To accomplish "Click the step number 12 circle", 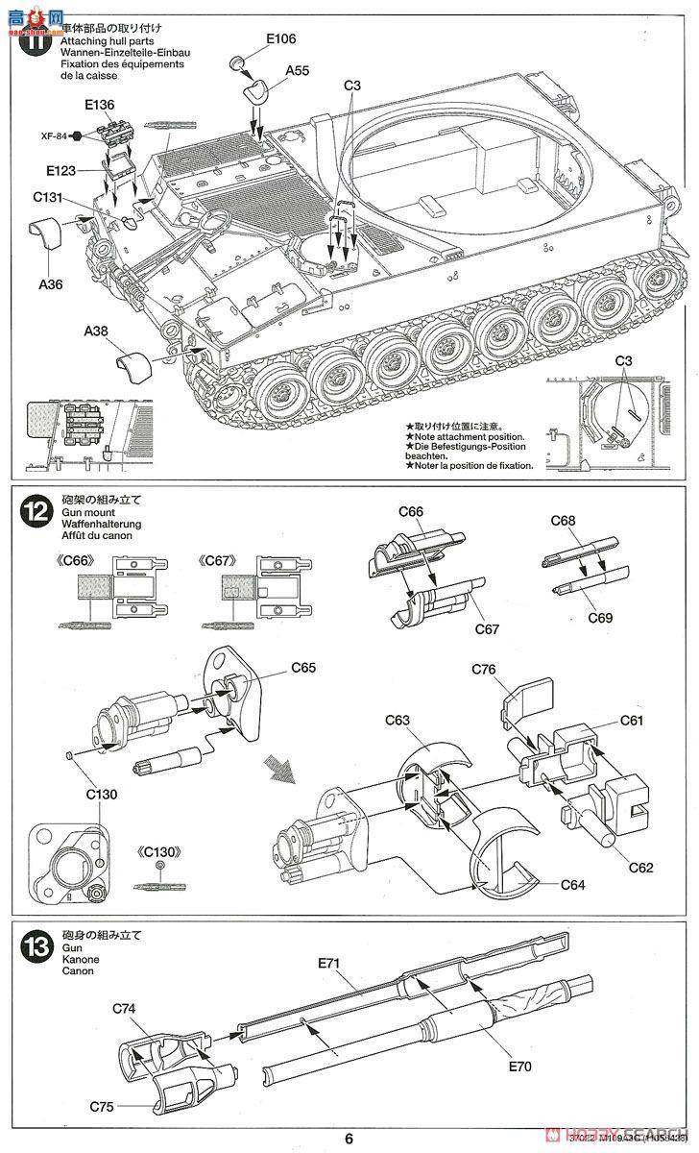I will [x=33, y=513].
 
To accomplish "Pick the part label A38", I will [x=96, y=331].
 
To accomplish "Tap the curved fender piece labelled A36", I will [x=43, y=234].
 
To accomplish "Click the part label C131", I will [x=49, y=198].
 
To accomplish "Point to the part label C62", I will [x=640, y=868].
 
